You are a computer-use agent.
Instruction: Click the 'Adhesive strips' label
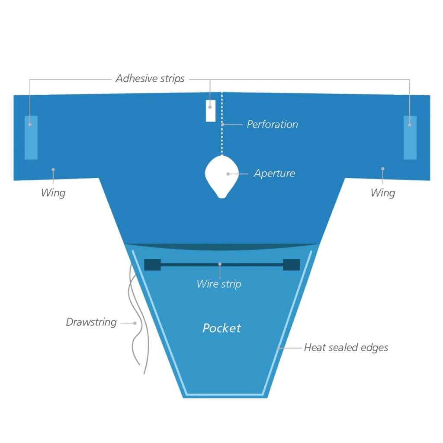coord(150,79)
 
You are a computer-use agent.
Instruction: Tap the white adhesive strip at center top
coord(211,111)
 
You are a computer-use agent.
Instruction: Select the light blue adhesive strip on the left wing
coord(31,138)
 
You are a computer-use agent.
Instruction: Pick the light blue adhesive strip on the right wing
coord(410,138)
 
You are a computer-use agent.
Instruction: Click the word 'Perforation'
coord(273,124)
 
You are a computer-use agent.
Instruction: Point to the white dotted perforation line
coord(222,123)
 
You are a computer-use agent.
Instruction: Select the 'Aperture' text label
coord(274,173)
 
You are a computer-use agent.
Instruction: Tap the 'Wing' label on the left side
coord(53,193)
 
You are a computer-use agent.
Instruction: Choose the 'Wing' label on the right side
coord(383,193)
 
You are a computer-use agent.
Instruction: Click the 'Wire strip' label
coord(219,284)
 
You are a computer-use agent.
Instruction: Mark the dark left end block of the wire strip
coord(153,265)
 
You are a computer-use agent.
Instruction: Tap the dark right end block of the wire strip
coord(291,265)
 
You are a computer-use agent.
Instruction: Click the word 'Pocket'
coord(222,328)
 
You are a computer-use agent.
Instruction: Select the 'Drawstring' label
coord(91,322)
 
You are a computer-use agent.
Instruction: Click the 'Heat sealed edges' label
coord(346,347)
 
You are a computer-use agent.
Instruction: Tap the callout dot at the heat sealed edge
coord(279,348)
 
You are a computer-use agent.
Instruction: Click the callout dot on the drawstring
coord(135,323)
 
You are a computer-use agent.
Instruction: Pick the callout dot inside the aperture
coord(228,174)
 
